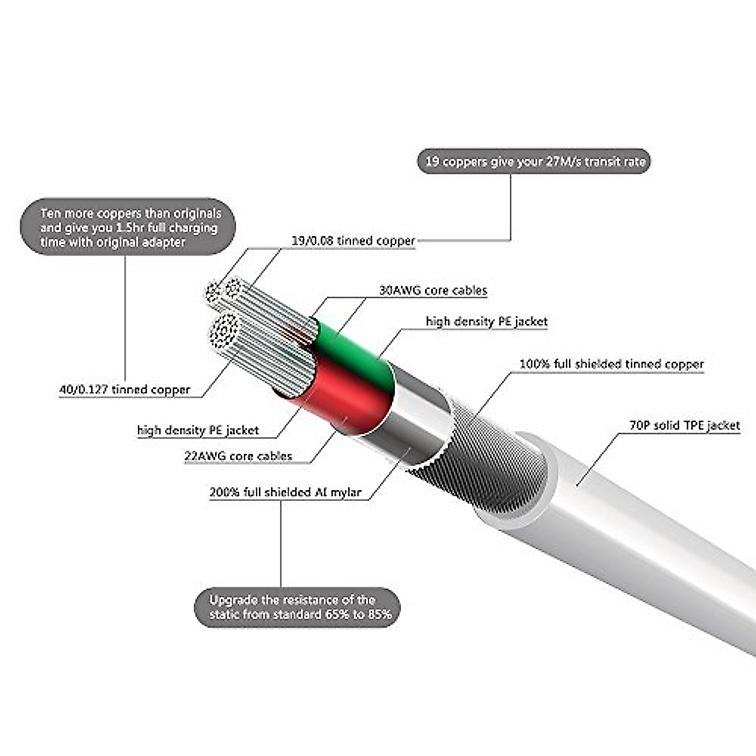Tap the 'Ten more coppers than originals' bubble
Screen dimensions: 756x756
click(x=129, y=227)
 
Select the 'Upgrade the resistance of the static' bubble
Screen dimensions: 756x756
click(x=297, y=607)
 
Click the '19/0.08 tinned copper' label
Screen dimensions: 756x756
click(x=353, y=241)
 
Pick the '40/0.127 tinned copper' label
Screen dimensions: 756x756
click(x=125, y=389)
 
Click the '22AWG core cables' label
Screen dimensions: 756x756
click(x=238, y=455)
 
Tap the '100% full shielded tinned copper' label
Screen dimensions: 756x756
click(x=611, y=364)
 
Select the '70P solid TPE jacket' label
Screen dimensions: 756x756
click(x=684, y=425)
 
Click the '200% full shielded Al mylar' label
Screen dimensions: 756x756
click(x=285, y=491)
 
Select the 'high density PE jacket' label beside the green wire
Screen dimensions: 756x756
click(x=486, y=321)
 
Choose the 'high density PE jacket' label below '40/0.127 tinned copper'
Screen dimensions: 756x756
click(x=198, y=430)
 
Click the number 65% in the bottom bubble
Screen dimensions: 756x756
click(x=338, y=614)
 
